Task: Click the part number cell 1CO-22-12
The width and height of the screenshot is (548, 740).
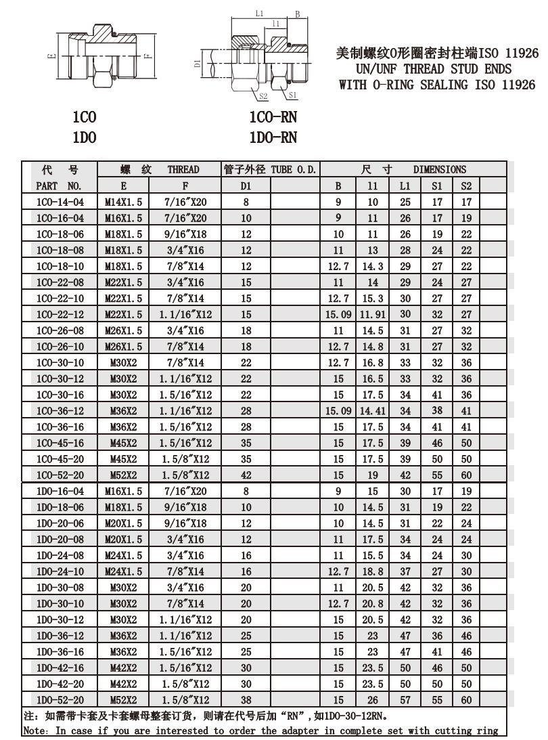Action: (x=60, y=315)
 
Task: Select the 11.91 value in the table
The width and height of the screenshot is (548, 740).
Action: (x=373, y=315)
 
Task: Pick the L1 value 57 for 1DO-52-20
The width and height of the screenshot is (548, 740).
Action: (x=405, y=700)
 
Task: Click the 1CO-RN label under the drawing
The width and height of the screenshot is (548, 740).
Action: (x=273, y=118)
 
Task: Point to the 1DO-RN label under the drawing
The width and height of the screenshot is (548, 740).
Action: (x=273, y=138)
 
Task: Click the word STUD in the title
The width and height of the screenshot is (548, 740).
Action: (x=470, y=69)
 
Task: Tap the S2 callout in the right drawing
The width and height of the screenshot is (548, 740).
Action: (x=263, y=96)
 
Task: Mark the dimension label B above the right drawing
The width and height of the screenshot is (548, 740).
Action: (x=297, y=14)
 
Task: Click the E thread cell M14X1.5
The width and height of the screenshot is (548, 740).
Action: (x=124, y=201)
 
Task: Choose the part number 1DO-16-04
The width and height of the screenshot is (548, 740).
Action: (x=60, y=491)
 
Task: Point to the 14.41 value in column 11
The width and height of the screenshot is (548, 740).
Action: (x=373, y=411)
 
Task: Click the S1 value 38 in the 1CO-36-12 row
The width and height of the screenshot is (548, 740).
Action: (x=437, y=411)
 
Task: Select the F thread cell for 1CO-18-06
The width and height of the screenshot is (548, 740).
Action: (x=185, y=234)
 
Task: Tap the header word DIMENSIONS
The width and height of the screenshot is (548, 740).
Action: (x=440, y=170)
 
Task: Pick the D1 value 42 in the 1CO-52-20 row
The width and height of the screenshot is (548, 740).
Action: (x=246, y=475)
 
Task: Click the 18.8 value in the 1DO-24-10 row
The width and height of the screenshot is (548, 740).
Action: (x=373, y=571)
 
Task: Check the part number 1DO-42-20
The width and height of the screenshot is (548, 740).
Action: (x=60, y=684)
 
